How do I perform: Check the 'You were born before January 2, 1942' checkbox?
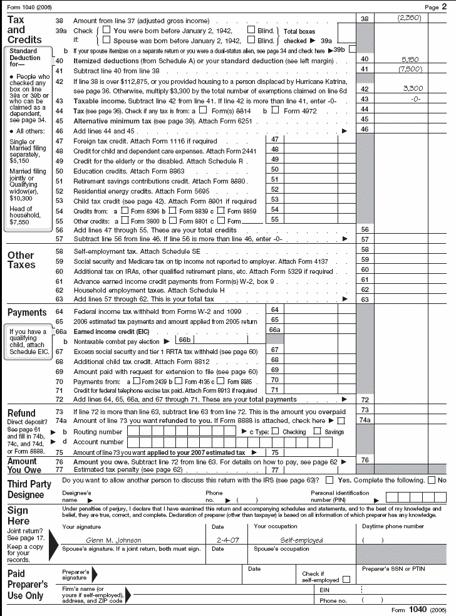tap(107, 29)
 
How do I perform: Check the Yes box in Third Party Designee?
tap(329, 480)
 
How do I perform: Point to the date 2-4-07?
tap(219, 540)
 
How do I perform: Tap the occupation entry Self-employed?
tap(302, 540)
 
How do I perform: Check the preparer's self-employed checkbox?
tap(346, 580)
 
